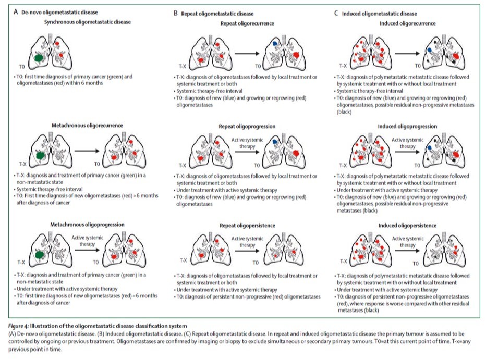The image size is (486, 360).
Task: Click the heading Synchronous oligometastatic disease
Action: click(87, 22)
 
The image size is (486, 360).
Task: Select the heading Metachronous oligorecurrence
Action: click(87, 126)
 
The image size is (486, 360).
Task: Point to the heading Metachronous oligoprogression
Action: click(87, 225)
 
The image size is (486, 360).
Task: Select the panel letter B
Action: click(175, 12)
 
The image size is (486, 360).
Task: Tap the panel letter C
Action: click(336, 13)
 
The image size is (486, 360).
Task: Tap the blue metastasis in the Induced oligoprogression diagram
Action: click(428, 148)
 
